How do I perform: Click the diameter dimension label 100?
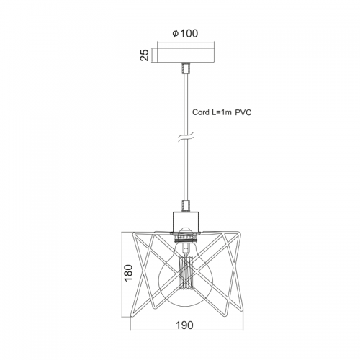189,34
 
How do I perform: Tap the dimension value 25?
145,55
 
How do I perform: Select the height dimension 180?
128,273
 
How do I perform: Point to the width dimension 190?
184,325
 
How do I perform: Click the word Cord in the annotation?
201,112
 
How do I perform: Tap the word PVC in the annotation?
243,112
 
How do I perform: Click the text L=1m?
222,112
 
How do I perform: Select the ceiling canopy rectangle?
186,53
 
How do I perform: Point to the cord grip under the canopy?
186,68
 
